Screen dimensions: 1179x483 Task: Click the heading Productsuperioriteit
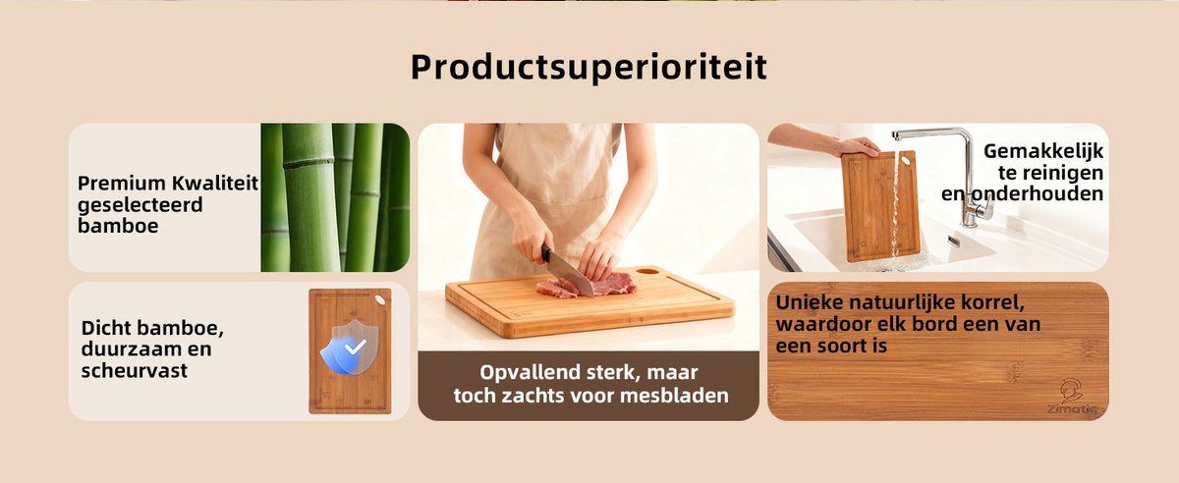tap(589, 68)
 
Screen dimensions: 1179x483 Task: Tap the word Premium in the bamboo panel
tap(122, 184)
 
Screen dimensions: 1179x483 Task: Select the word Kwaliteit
tap(215, 183)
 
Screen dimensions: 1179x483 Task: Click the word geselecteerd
tap(140, 205)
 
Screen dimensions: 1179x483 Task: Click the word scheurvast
tap(135, 370)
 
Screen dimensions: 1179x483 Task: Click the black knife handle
tap(547, 253)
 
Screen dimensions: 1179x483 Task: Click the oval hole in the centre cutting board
tap(647, 271)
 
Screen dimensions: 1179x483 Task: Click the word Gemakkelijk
tap(1043, 151)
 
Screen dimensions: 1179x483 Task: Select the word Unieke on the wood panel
tap(810, 302)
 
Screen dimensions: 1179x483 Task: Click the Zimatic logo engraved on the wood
tap(1071, 398)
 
